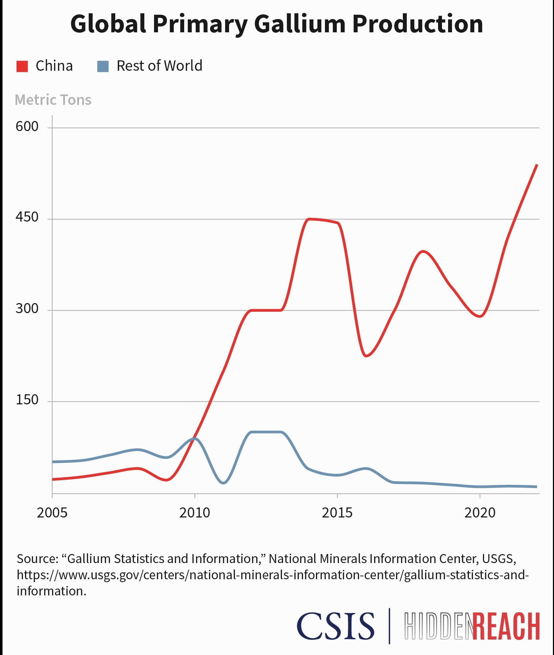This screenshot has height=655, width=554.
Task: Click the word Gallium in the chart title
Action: [300, 24]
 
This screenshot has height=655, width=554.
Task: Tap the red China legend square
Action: [22, 66]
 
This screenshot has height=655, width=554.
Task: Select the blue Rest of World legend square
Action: [103, 66]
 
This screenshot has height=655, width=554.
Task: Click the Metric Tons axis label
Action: [53, 100]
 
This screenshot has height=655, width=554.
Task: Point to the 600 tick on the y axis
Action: [27, 126]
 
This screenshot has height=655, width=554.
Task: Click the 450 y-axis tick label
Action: [27, 217]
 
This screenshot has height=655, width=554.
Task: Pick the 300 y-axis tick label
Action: [27, 308]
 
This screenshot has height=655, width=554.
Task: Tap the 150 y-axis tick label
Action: [27, 400]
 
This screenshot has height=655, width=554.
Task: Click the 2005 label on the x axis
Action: [52, 512]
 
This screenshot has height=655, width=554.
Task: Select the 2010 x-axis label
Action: [195, 512]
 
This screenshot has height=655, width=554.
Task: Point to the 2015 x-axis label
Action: [337, 512]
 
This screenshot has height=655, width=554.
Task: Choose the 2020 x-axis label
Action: [480, 512]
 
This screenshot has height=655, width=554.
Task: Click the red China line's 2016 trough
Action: [366, 356]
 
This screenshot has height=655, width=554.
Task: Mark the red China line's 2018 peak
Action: [423, 251]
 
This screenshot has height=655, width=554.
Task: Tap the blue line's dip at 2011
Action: [223, 483]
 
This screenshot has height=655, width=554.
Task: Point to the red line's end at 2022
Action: [537, 165]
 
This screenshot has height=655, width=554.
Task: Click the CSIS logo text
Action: [336, 626]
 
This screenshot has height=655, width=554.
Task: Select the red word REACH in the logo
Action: [506, 627]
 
